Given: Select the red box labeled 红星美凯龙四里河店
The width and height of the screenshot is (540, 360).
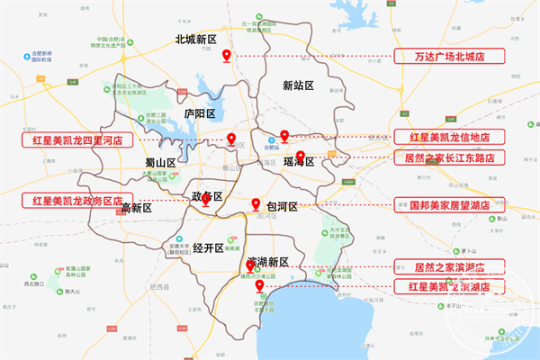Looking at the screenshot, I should (x=77, y=141).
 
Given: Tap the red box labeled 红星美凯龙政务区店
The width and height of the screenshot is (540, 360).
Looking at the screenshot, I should (x=77, y=200).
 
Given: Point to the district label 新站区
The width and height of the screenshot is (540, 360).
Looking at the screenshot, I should (x=297, y=85).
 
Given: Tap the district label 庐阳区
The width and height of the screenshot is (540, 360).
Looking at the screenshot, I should (x=200, y=114).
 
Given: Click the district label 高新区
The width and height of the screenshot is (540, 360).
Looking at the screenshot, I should (x=137, y=208).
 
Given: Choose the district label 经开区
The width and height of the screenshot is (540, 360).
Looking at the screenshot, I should (x=206, y=247).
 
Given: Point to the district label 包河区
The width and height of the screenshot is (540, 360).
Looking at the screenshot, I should (x=282, y=206).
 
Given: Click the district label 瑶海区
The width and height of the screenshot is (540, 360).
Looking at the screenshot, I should (x=298, y=163).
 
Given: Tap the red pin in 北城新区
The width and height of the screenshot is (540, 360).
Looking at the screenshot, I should (x=227, y=57).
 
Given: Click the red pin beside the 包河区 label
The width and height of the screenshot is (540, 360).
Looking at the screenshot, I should (x=256, y=204).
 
